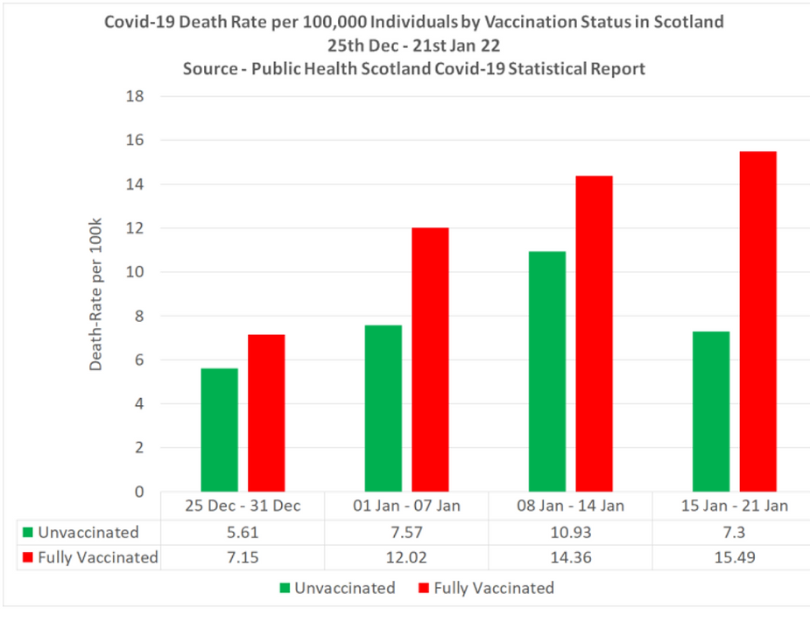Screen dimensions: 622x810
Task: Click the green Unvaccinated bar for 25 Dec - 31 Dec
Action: click(219, 430)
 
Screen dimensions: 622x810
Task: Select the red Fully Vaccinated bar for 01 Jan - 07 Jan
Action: click(431, 360)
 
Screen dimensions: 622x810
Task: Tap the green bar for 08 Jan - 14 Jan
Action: click(546, 371)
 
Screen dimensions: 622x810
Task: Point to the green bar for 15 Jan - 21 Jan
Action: click(710, 411)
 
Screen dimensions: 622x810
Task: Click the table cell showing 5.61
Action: click(243, 532)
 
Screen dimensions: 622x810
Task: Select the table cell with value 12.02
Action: click(405, 557)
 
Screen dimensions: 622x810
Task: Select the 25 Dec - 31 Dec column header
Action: click(243, 506)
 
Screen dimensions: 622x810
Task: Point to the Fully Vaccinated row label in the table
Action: click(97, 557)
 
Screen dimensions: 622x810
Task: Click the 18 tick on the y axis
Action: click(135, 96)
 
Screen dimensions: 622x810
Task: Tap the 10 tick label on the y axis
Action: click(135, 272)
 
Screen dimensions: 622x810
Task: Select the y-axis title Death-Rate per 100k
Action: click(96, 294)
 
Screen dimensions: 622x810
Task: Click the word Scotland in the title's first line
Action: click(687, 22)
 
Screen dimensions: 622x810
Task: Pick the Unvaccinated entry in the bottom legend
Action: click(343, 588)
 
